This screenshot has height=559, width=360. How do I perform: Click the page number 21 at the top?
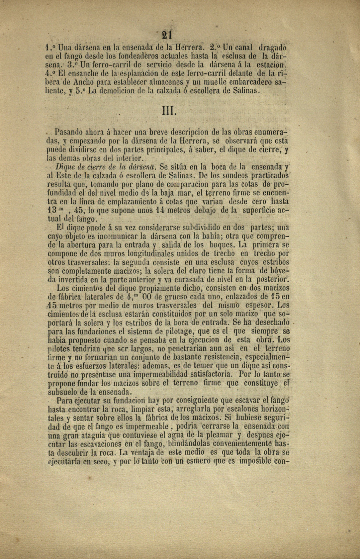pyautogui.click(x=166, y=35)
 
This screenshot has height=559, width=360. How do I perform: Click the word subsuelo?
pyautogui.click(x=63, y=392)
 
